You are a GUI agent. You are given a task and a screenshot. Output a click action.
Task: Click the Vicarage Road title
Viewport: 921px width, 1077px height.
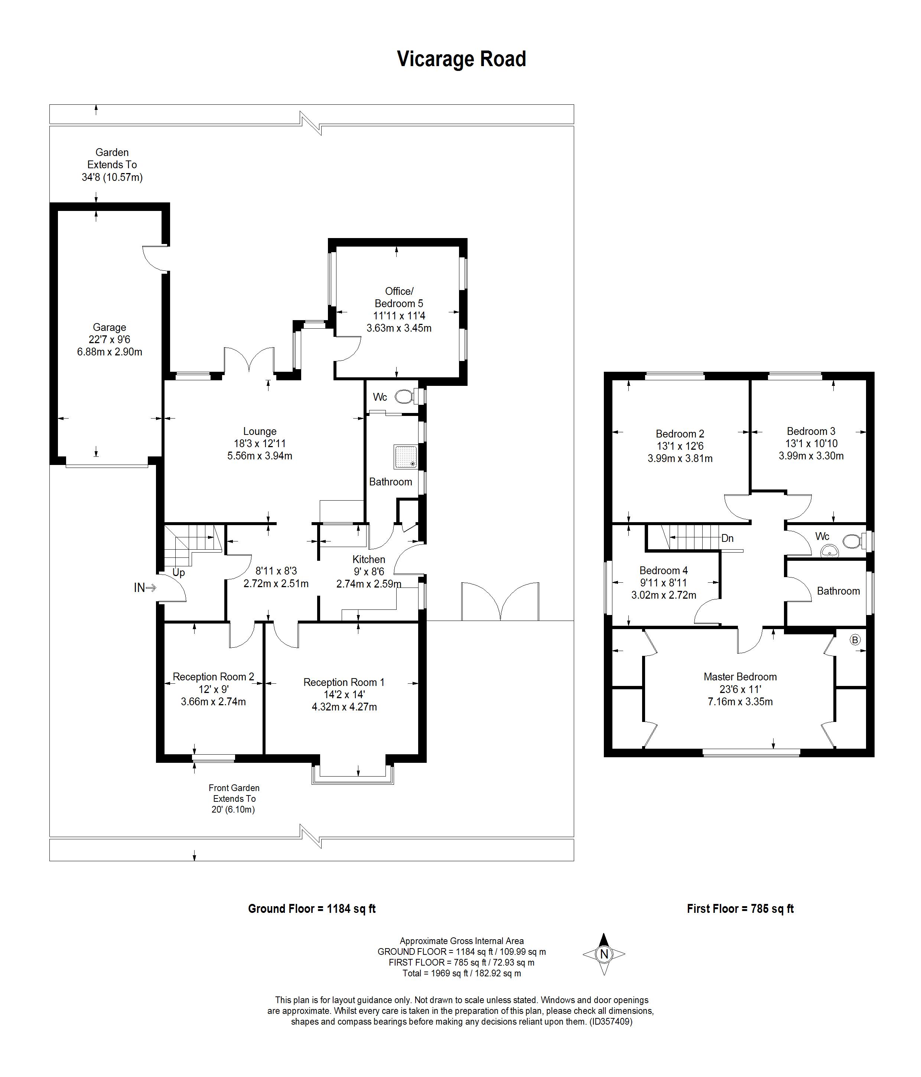[461, 59]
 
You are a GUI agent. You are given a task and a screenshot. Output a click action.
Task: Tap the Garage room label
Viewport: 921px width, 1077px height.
[109, 328]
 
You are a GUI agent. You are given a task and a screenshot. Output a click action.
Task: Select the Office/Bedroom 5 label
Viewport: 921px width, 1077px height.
[398, 297]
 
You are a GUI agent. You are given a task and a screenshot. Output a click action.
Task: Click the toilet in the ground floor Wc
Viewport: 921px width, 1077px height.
[404, 397]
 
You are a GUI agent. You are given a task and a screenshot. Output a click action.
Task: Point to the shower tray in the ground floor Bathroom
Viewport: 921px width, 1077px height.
[406, 456]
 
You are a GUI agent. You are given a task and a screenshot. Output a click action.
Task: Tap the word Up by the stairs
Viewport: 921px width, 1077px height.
[178, 573]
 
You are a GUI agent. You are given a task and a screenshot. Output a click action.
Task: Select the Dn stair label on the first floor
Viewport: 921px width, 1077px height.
[727, 538]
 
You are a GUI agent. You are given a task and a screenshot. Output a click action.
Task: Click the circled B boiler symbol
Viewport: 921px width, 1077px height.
[855, 640]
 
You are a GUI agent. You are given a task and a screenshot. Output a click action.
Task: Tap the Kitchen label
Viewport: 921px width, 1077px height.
[368, 559]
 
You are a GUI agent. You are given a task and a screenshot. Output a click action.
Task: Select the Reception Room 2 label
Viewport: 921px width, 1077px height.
[213, 677]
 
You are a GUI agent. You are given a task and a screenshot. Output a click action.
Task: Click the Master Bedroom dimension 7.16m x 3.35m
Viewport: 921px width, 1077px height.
[740, 702]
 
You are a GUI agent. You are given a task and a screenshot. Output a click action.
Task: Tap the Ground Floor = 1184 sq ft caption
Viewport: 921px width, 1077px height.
[311, 909]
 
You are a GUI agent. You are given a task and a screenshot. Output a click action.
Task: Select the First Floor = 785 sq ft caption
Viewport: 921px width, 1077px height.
[740, 909]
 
